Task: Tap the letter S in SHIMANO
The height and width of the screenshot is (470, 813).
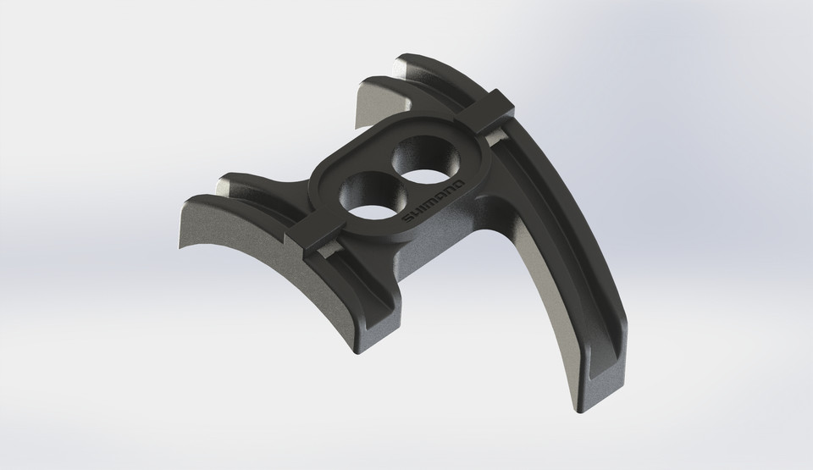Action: tap(408, 221)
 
